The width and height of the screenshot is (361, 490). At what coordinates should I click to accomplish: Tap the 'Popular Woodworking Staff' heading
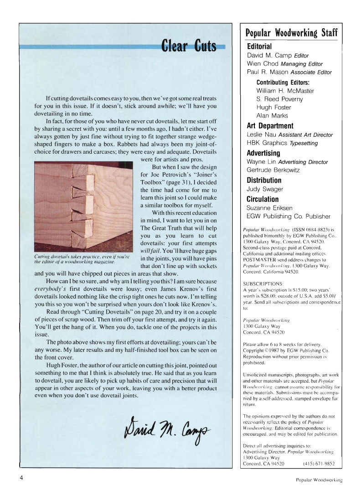coord(291,33)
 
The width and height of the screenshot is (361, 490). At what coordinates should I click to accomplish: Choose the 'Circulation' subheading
coord(263,199)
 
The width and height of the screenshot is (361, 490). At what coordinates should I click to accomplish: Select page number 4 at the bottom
coord(21,478)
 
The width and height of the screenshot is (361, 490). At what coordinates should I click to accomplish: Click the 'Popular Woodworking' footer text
coord(318,480)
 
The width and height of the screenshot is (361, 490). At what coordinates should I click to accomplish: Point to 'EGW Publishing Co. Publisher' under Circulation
coord(289,217)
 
